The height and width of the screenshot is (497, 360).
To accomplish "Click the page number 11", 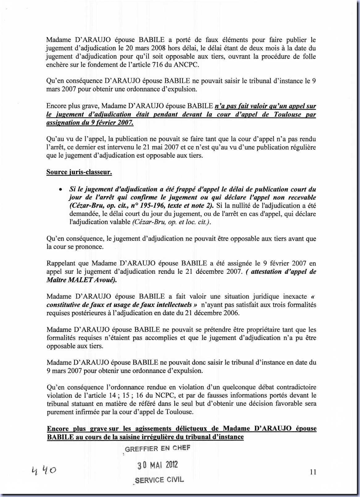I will coord(313,472).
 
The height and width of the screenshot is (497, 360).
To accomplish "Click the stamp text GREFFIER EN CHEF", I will coord(157,448).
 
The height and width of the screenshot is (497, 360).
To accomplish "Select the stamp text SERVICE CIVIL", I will coord(159,480).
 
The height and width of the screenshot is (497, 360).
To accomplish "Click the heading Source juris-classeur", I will coord(79,172).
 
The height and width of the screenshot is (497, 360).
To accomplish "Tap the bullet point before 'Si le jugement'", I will coord(61,189).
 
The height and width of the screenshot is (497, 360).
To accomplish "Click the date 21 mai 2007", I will coord(160,147).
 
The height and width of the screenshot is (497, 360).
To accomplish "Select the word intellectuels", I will coord(172,305).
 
